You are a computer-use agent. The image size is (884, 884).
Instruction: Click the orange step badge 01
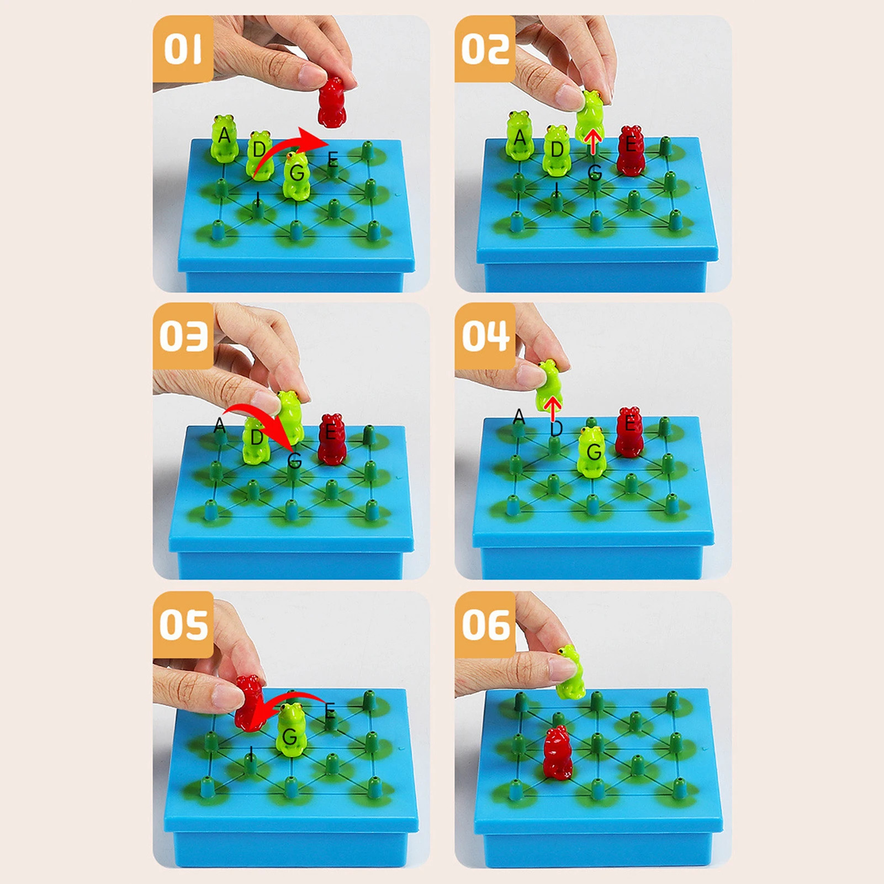point(183,49)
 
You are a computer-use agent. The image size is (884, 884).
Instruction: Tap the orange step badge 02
point(485,49)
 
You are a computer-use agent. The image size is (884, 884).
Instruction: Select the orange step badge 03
point(183,336)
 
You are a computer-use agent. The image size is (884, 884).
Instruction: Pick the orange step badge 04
point(485,336)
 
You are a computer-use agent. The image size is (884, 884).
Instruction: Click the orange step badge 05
point(183,624)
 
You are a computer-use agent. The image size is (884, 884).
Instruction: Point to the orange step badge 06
point(485,624)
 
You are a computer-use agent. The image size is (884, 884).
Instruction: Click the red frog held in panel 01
point(332,102)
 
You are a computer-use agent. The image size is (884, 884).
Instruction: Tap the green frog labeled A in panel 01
point(224,138)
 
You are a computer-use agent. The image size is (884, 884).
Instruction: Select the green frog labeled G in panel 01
point(297,175)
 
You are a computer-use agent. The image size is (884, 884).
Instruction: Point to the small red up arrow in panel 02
point(593,141)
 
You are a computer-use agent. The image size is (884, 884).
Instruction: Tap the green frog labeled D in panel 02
point(557,150)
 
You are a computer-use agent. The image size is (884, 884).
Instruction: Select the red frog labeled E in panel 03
point(332,439)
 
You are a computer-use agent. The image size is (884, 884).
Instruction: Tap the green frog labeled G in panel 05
point(290,730)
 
